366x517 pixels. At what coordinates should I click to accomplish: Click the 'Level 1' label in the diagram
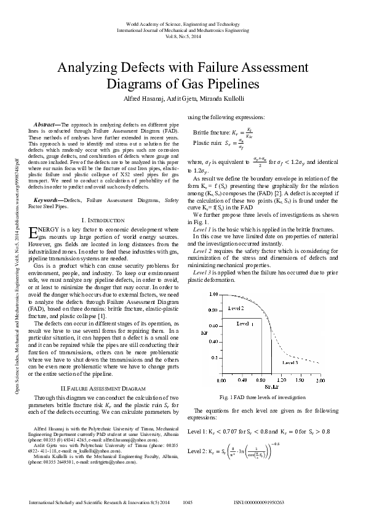tap(244, 323)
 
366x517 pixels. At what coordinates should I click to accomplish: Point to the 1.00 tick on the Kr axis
tap(213, 294)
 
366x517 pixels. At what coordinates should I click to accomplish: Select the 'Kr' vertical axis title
tap(204, 333)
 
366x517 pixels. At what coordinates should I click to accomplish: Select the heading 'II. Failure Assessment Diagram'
tap(108, 389)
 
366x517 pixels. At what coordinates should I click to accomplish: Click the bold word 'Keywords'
tap(47, 200)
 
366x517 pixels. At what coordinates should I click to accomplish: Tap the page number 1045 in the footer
tap(188, 502)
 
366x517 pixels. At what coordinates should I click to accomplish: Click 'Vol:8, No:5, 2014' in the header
tap(183, 36)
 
